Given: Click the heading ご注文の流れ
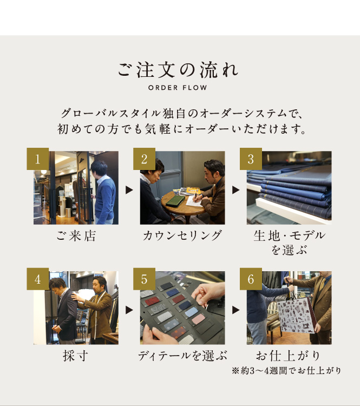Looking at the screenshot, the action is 178,70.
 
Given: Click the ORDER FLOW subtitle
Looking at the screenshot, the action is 178,88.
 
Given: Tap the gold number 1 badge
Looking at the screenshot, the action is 38,159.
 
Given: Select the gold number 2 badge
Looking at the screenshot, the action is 144,159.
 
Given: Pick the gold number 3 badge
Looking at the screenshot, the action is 251,159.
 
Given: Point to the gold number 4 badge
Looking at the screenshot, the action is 38,279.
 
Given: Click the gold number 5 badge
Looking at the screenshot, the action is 144,279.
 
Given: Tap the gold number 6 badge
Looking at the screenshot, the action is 251,279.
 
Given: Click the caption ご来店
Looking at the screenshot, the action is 76,236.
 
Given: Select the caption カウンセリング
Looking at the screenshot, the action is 182,236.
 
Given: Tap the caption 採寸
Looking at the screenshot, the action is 76,356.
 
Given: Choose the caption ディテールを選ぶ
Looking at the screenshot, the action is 182,356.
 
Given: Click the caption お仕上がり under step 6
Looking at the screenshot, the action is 288,356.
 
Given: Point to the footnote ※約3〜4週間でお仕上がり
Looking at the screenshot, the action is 286,371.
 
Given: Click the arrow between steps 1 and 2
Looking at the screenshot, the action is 129,190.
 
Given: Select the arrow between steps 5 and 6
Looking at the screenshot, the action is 235,310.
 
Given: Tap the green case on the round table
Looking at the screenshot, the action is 175,201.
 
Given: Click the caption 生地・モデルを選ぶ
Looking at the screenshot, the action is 289,243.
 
